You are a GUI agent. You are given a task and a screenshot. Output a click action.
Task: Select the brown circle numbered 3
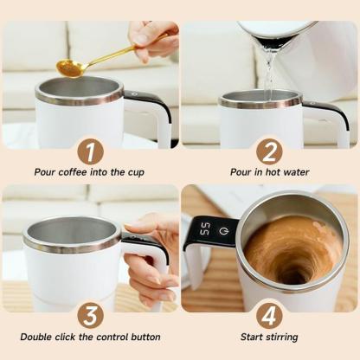[90, 314]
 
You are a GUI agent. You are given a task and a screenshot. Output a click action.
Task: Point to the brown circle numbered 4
[269, 314]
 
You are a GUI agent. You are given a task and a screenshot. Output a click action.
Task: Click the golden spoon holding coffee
[73, 66]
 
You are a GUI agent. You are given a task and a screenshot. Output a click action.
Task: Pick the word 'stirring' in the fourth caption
[283, 335]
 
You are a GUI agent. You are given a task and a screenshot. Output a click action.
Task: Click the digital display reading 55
[204, 229]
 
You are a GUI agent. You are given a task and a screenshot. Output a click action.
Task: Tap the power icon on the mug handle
[223, 230]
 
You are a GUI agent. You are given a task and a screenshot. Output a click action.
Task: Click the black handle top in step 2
[325, 106]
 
